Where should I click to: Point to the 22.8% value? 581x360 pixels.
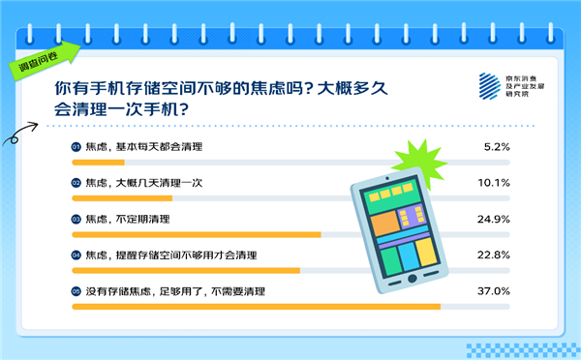pyautogui.click(x=495, y=255)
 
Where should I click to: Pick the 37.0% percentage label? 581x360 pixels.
pyautogui.click(x=495, y=290)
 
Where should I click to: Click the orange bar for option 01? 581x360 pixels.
pyautogui.click(x=98, y=163)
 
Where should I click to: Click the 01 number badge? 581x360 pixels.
pyautogui.click(x=76, y=146)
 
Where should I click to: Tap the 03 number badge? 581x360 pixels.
pyautogui.click(x=76, y=219)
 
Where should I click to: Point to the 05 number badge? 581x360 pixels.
pyautogui.click(x=76, y=290)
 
